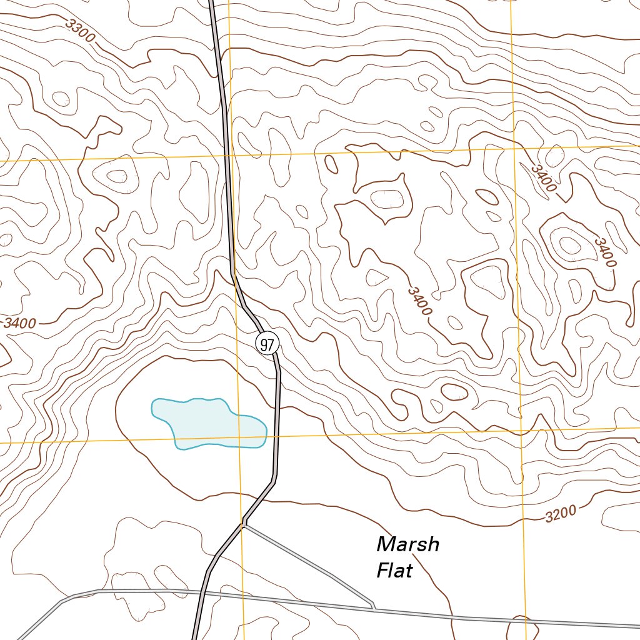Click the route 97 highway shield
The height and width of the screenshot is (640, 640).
[x=267, y=344]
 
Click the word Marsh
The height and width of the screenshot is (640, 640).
[x=407, y=545]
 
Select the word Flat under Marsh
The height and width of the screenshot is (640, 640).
[x=394, y=571]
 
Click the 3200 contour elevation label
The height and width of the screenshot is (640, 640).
[x=560, y=514]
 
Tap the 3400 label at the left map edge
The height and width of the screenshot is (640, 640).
[x=19, y=323]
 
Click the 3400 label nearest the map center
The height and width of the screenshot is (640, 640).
[x=419, y=301]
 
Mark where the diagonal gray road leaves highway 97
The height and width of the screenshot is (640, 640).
[x=244, y=525]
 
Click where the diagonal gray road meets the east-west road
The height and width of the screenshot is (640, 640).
[x=374, y=607]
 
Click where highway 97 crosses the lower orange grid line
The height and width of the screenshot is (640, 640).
[x=277, y=436]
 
